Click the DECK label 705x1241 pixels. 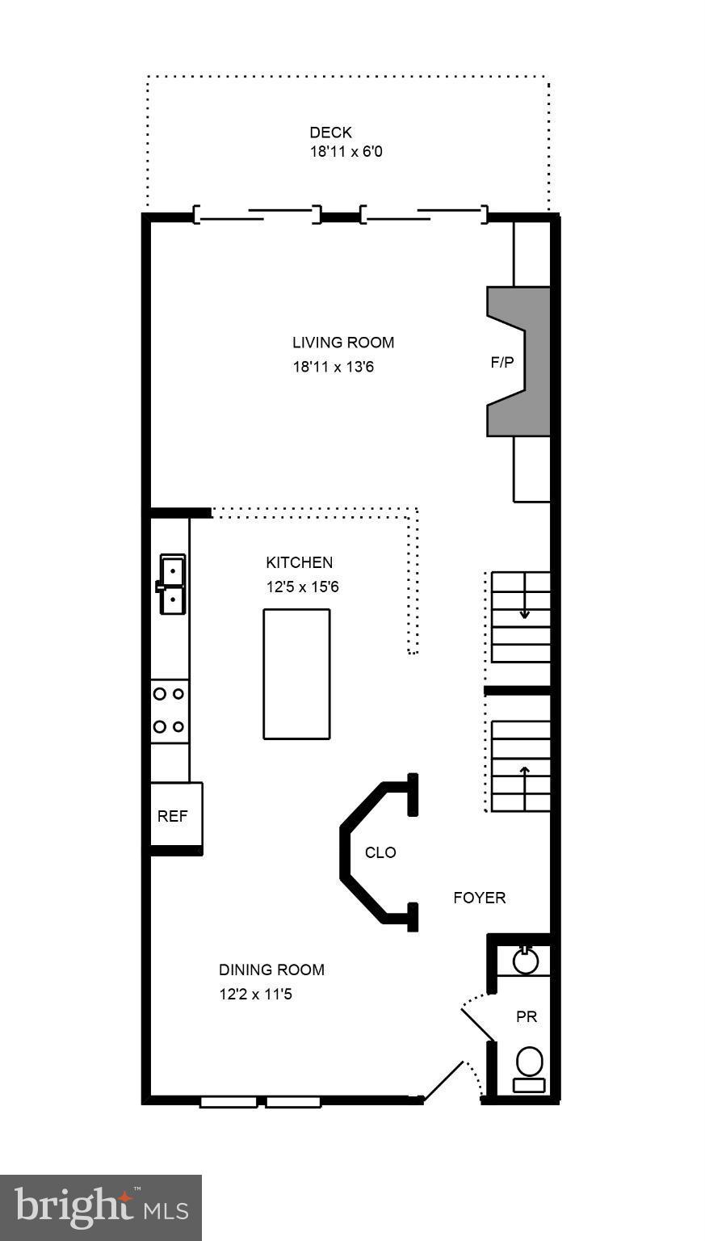(x=330, y=133)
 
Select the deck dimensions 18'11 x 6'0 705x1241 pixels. (x=346, y=151)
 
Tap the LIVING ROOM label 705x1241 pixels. (x=343, y=343)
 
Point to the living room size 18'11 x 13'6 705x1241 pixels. (x=333, y=367)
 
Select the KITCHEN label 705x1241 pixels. (x=299, y=562)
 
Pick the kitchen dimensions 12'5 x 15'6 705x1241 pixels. (x=302, y=587)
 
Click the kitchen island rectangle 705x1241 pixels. (x=296, y=673)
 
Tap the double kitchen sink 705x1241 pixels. (x=172, y=584)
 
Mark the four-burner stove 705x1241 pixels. (x=170, y=710)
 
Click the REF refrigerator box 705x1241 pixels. (x=173, y=816)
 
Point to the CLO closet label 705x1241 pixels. (x=380, y=852)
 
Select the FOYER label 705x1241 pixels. (x=479, y=898)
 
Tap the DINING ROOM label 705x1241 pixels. (x=271, y=970)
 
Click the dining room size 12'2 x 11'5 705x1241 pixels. (x=255, y=994)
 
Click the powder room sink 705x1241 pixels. (x=526, y=961)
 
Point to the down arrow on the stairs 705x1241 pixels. (x=525, y=612)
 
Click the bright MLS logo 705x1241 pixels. (x=101, y=1207)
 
